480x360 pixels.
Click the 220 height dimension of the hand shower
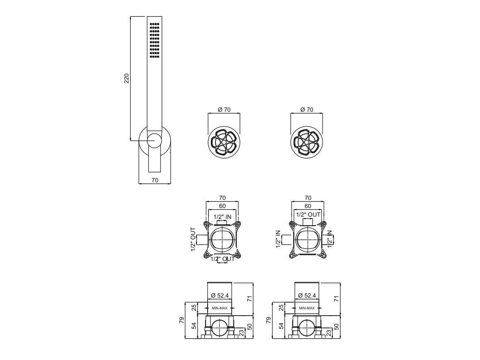(127, 78)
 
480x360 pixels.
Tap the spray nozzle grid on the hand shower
(155, 39)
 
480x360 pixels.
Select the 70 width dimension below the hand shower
(154, 180)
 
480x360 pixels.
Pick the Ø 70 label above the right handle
(306, 109)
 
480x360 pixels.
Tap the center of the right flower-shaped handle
(306, 142)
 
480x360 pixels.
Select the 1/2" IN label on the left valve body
(223, 217)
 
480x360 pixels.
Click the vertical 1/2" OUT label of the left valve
(193, 239)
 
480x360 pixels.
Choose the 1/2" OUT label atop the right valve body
(308, 214)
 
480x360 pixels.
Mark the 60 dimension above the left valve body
(222, 206)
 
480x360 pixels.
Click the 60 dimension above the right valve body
(308, 206)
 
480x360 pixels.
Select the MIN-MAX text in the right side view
(307, 308)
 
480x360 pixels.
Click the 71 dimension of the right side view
(336, 298)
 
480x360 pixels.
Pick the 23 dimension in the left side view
(242, 332)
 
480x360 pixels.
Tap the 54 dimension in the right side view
(281, 326)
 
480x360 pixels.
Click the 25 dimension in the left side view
(194, 308)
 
